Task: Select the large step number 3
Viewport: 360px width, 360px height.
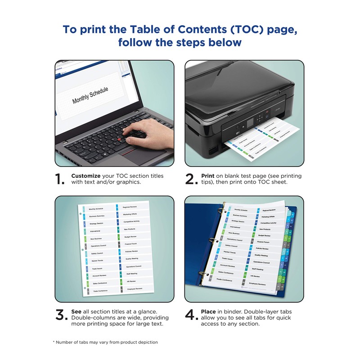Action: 62,315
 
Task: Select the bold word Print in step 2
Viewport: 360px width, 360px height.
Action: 207,175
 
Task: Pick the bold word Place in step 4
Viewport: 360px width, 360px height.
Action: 209,311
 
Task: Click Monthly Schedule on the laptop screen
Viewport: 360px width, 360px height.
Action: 90,96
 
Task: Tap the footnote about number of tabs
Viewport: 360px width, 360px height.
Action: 106,342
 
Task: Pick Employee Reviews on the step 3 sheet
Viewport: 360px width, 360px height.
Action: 135,288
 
